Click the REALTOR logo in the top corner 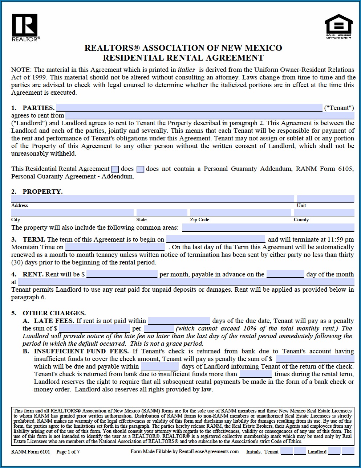pos(25,27)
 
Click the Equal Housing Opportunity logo pos(338,26)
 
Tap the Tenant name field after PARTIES pos(189,108)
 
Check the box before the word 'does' pos(115,169)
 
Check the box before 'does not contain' pos(141,169)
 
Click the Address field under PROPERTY pos(153,199)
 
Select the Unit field pos(325,199)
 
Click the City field pos(72,213)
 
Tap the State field pos(162,213)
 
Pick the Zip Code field pos(240,213)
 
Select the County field pos(324,213)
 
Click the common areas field pos(268,227)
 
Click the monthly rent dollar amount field pos(122,274)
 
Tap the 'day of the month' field pos(285,274)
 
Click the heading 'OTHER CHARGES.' pos(54,313)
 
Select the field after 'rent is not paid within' pos(179,321)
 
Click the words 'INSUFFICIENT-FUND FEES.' pos(81,351)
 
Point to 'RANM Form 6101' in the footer pos(31,452)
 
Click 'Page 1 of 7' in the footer pos(68,452)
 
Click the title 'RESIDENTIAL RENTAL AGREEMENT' pos(183,58)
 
